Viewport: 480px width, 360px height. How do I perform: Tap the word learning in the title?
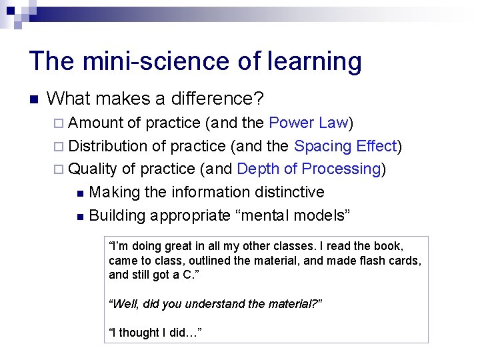315,61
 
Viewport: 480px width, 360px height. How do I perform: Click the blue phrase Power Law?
309,123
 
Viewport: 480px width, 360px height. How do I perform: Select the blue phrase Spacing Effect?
345,146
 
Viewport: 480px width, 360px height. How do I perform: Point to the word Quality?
93,169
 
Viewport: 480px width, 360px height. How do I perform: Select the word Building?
117,215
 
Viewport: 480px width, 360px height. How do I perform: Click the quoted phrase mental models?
303,215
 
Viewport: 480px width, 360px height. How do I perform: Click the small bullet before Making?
80,193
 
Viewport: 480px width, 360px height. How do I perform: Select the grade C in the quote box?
186,275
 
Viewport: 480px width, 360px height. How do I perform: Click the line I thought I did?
154,332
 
